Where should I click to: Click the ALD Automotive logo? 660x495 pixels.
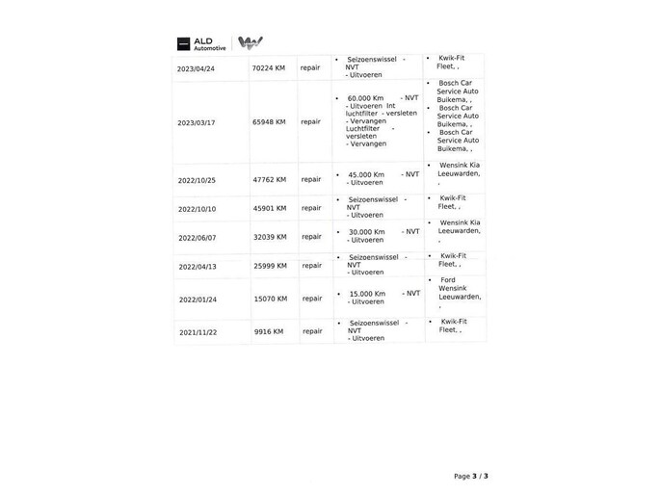pos(201,43)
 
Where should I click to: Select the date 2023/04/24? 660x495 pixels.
pos(196,69)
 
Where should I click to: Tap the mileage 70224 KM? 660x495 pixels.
pos(268,68)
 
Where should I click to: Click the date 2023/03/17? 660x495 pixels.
pos(196,123)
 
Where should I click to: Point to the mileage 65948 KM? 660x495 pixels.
pos(269,122)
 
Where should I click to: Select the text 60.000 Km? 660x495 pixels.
pos(365,98)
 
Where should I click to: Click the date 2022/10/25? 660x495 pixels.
pos(197,180)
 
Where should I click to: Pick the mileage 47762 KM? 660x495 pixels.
pos(269,179)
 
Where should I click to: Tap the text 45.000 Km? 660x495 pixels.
pos(366,174)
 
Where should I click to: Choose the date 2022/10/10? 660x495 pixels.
pos(197,209)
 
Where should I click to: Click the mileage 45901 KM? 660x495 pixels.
pos(269,208)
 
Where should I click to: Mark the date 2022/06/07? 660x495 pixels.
pos(198,238)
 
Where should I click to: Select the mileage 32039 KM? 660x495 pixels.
pos(270,237)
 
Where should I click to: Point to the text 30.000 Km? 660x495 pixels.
pos(366,232)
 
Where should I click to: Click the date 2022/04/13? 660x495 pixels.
pos(198,267)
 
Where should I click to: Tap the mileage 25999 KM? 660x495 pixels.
pos(270,266)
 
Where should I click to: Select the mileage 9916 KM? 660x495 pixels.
pos(269,331)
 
